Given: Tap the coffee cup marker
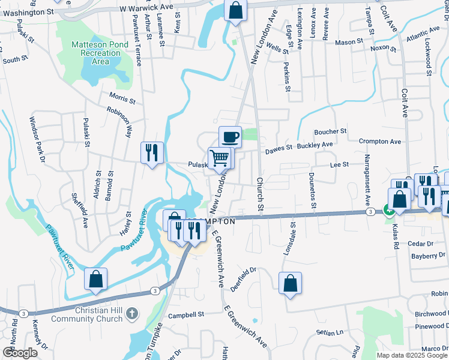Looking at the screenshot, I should tap(230, 137).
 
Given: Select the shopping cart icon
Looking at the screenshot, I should tap(220, 158).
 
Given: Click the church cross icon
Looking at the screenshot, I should tap(133, 314).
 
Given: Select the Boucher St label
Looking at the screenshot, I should tap(331, 131).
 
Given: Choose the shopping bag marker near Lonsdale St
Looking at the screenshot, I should tap(290, 284).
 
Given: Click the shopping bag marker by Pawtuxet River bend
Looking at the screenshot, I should tap(95, 279).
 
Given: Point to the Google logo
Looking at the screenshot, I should tap(20, 353).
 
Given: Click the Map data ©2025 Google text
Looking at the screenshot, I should tap(412, 355).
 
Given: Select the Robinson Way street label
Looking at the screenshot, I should tap(119, 119).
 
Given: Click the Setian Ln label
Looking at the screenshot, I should tap(331, 332).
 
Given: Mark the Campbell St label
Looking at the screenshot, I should tap(186, 314).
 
